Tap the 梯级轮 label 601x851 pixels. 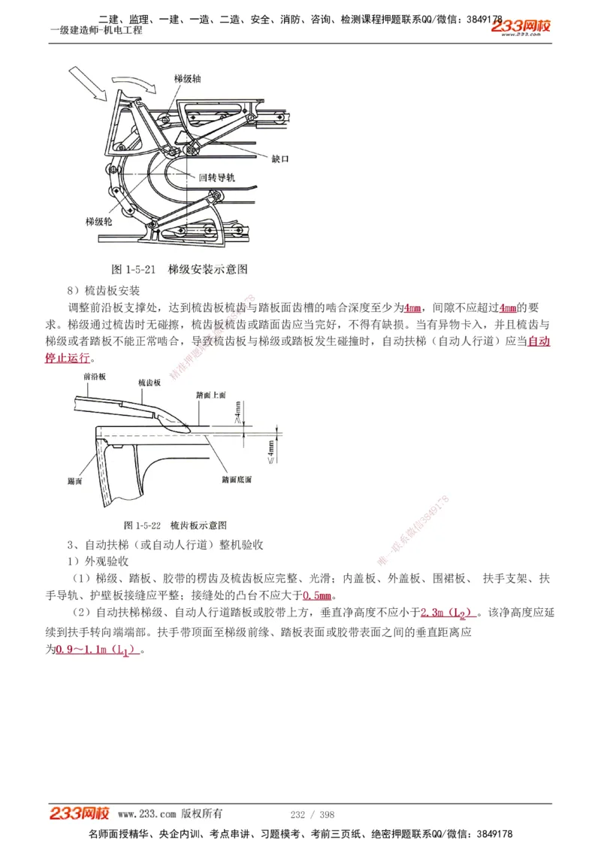click(99, 223)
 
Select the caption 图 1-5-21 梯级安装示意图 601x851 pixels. click(180, 269)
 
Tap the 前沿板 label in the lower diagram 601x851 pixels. click(95, 375)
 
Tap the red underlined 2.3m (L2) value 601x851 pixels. click(448, 613)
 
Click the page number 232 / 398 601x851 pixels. click(312, 814)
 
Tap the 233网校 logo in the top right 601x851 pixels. click(521, 27)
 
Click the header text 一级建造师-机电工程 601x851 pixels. click(95, 30)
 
